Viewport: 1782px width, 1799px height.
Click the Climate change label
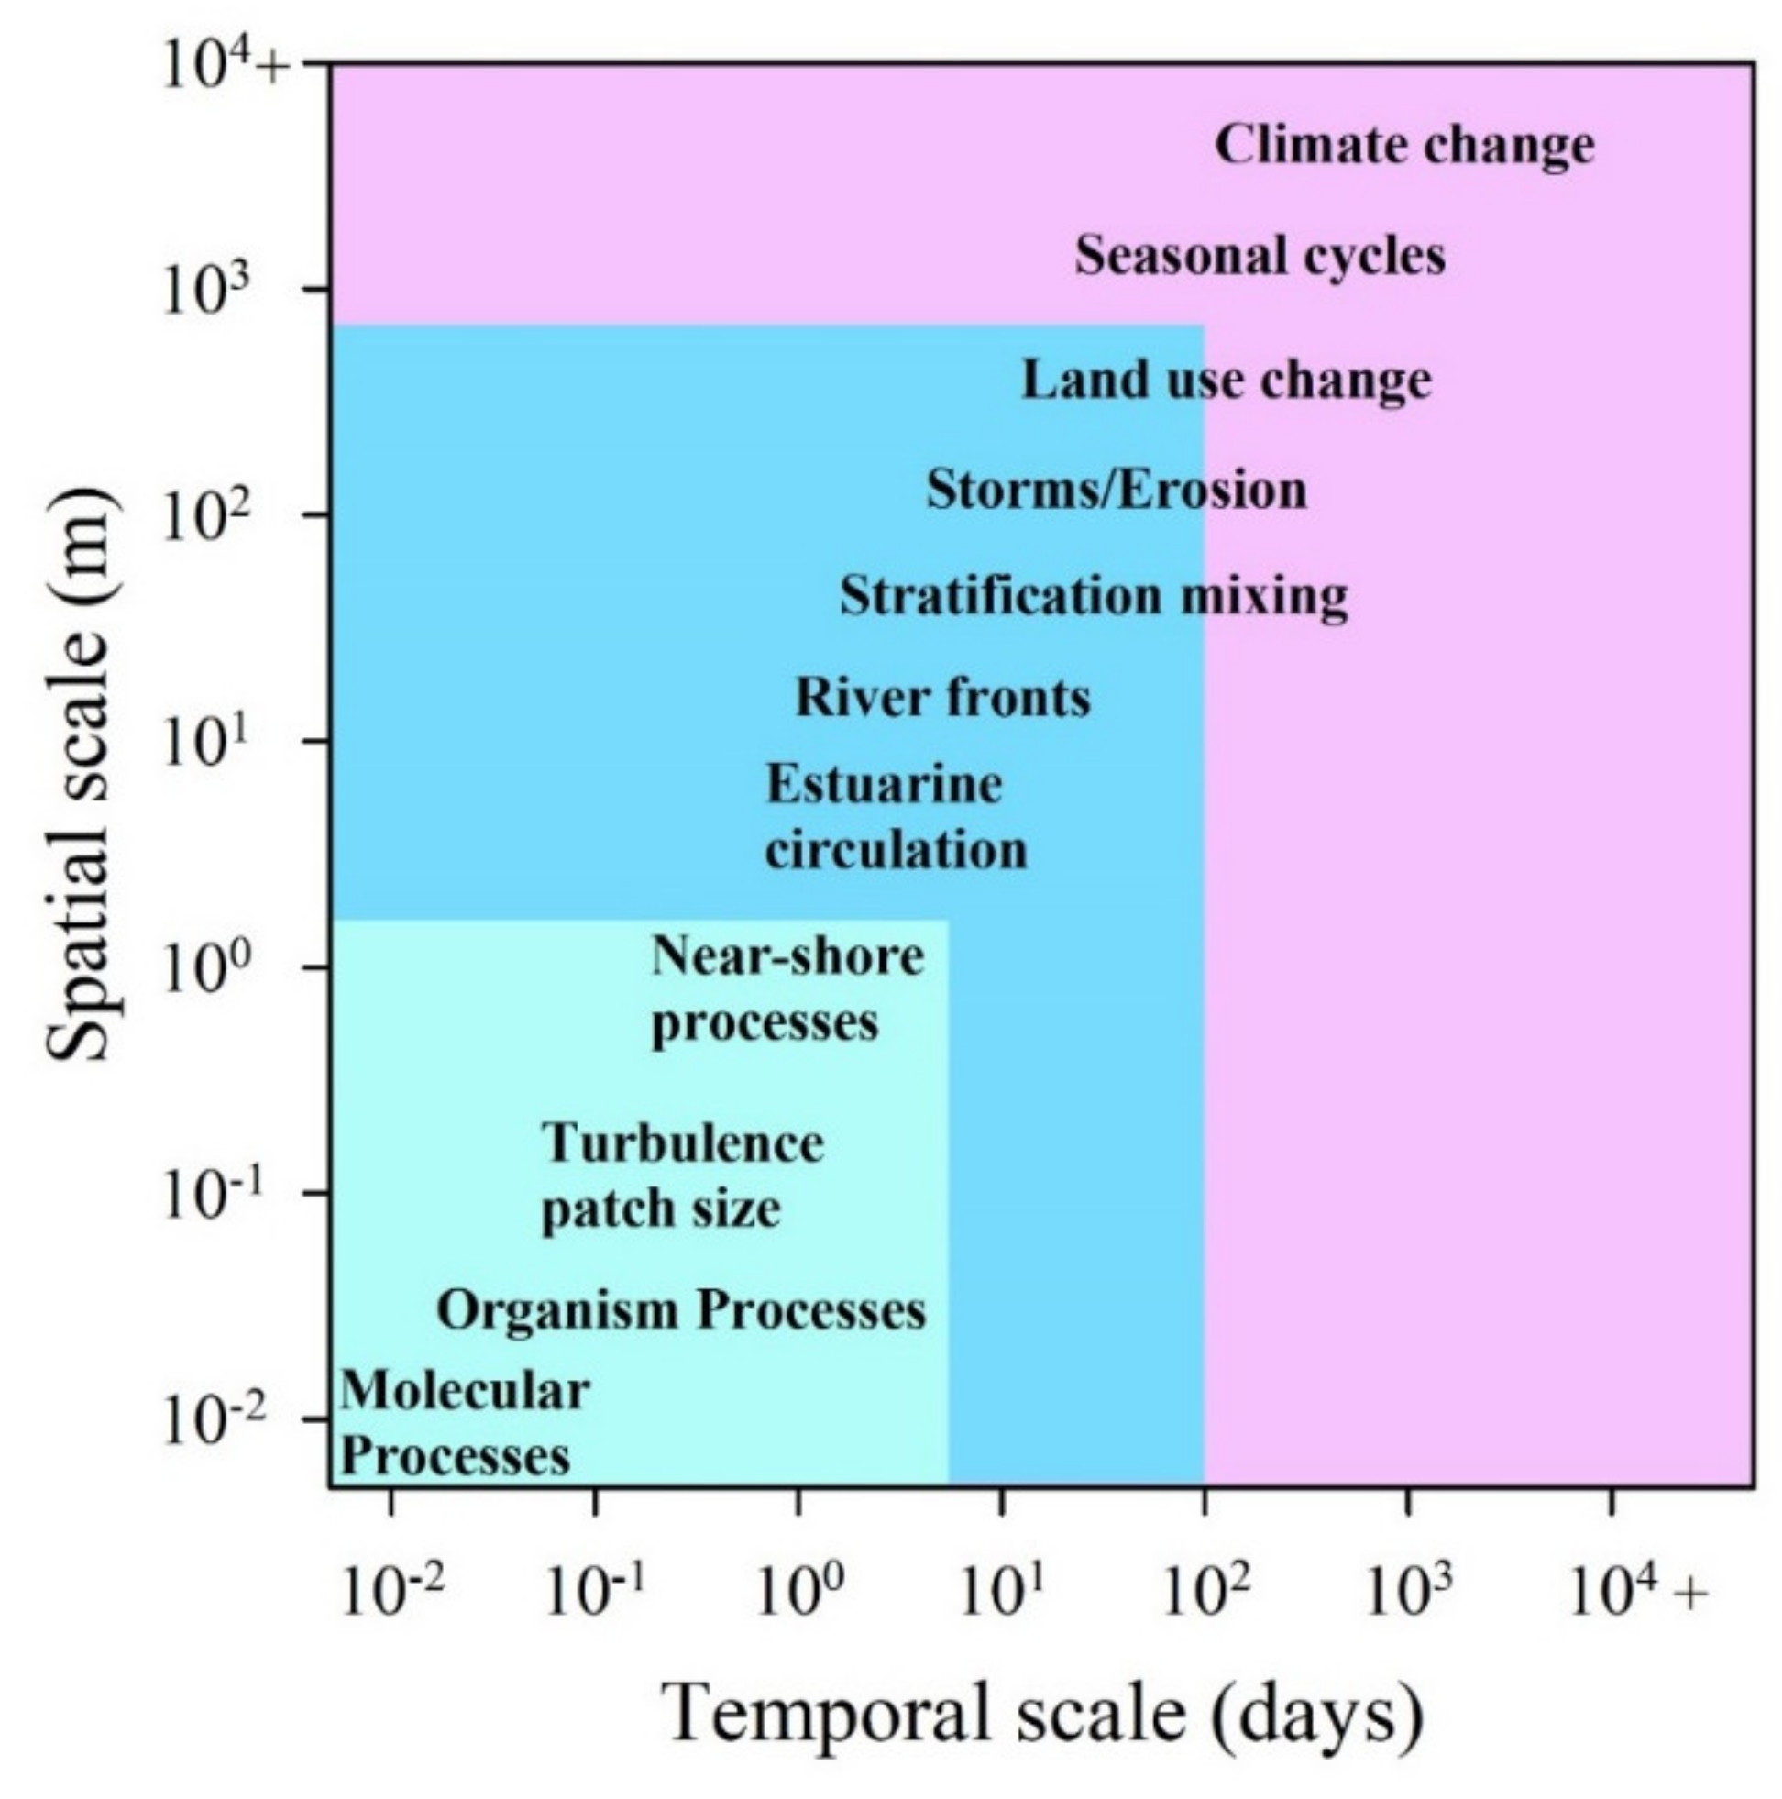(1403, 146)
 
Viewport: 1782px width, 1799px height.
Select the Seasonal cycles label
(1259, 256)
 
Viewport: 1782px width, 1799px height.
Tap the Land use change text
(1226, 381)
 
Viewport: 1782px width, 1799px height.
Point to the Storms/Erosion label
(1116, 490)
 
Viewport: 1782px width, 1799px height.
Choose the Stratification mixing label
(1093, 596)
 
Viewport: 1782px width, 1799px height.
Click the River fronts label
(942, 699)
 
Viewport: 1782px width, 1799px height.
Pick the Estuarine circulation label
(896, 817)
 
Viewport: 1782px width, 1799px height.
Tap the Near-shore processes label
(786, 988)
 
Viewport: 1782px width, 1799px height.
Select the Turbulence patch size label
(682, 1175)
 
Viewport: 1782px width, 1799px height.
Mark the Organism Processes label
(681, 1310)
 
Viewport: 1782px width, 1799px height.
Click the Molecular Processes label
(464, 1423)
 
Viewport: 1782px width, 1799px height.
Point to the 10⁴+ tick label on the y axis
(224, 67)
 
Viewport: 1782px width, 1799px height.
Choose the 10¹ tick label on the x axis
(1002, 1594)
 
